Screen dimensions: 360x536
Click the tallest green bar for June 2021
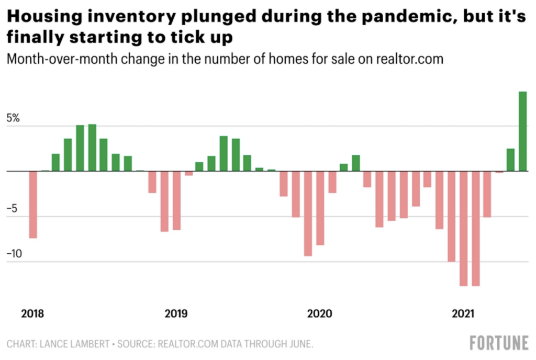[522, 131]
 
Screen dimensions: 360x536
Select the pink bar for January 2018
[33, 205]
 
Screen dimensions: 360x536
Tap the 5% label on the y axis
[13, 118]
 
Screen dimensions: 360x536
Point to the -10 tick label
[14, 254]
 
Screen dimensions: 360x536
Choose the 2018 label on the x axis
[32, 314]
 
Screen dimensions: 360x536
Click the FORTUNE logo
[499, 343]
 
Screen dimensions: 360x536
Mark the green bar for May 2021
[510, 160]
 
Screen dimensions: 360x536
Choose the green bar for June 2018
[92, 148]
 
